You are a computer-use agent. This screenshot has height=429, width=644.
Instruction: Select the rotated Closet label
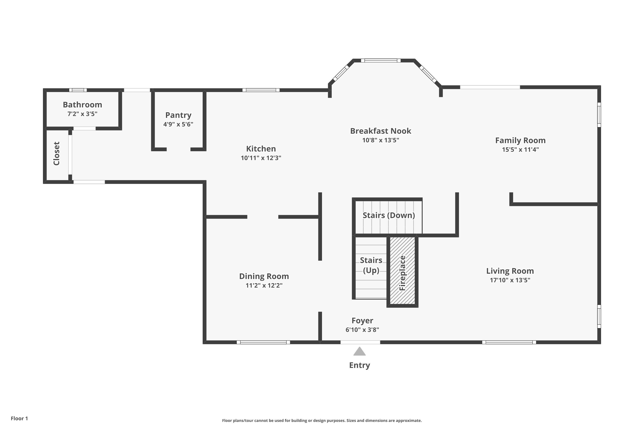coord(56,154)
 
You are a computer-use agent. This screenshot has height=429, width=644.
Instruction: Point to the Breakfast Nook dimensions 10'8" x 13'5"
coord(380,140)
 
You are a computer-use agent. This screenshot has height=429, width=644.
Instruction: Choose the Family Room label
coord(520,140)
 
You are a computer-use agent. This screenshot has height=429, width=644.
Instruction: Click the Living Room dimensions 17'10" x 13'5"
coord(510,280)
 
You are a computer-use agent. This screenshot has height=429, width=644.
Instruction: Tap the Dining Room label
coord(264,276)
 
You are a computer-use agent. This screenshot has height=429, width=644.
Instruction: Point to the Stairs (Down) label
coord(389,215)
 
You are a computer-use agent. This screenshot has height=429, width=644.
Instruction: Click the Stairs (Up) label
coord(371,265)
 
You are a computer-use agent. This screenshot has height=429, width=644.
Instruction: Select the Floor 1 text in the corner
coord(19,418)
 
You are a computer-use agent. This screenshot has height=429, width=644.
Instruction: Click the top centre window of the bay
coord(381,60)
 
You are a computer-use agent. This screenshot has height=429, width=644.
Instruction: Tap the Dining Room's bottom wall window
coord(263,342)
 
